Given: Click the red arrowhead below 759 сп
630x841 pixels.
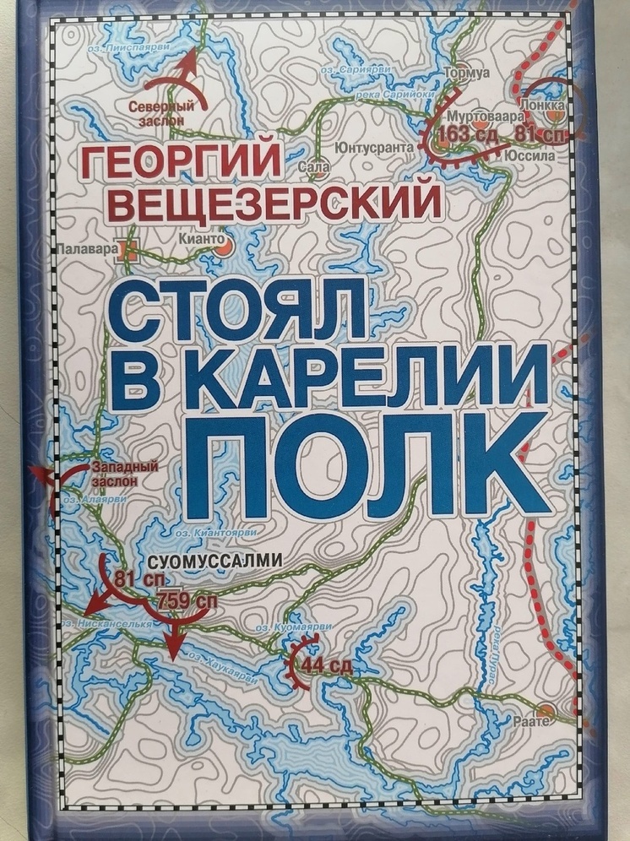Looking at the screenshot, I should click(172, 651).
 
